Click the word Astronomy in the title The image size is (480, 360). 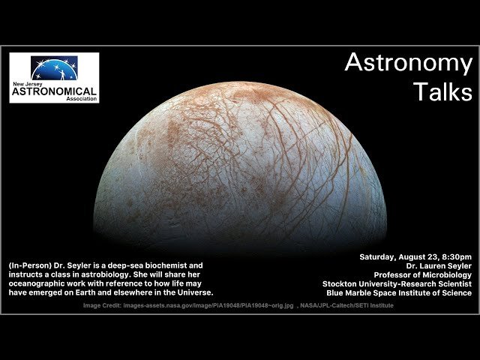tap(408, 64)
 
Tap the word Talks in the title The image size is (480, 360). tap(442, 91)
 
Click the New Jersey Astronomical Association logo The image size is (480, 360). tap(54, 77)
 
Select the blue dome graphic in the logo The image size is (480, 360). tap(54, 68)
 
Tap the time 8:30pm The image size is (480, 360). tap(454, 257)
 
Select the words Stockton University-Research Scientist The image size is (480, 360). tap(397, 284)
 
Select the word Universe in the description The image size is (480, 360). tap(193, 293)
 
